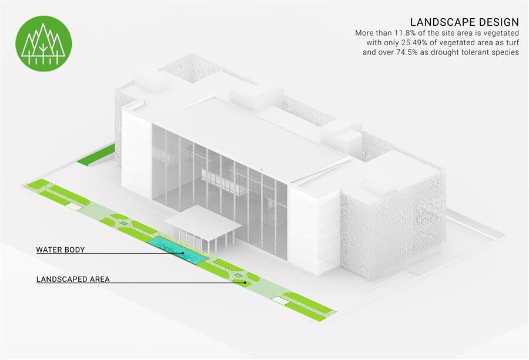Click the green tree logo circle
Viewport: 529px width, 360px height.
click(x=43, y=43)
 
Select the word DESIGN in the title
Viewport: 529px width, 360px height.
click(x=495, y=22)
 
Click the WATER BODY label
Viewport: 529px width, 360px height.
click(x=61, y=250)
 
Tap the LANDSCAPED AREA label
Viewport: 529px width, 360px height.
click(x=73, y=279)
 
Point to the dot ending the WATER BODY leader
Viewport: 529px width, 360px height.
click(x=183, y=253)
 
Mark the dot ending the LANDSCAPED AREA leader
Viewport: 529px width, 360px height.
click(x=245, y=282)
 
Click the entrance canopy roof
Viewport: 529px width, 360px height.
click(x=203, y=223)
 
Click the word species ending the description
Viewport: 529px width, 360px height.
click(x=505, y=53)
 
